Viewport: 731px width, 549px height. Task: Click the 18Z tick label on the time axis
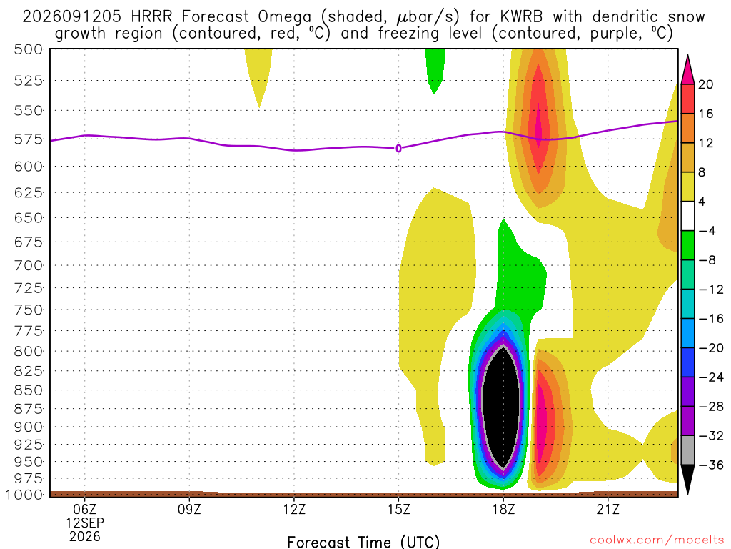pos(503,509)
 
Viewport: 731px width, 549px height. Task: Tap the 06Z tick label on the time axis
pos(84,509)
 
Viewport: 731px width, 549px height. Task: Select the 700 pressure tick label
pos(28,266)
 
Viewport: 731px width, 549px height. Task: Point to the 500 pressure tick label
pos(28,49)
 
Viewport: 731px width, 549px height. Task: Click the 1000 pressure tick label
pos(24,495)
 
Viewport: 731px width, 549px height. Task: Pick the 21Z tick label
pos(608,509)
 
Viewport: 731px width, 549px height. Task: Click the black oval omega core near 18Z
pos(500,406)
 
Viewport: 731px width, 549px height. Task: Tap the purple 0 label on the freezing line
pos(398,149)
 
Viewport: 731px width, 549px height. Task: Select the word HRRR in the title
pos(152,17)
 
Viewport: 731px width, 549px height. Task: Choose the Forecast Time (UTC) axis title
pos(363,542)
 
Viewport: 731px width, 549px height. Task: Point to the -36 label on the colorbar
pos(710,465)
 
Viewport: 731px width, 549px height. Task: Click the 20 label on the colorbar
pos(706,84)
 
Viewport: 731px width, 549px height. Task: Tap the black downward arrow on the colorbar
pos(687,478)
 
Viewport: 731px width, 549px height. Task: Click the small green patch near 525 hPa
pos(435,70)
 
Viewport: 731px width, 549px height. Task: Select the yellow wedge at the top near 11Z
pos(258,74)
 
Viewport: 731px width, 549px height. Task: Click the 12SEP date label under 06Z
pos(84,523)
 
